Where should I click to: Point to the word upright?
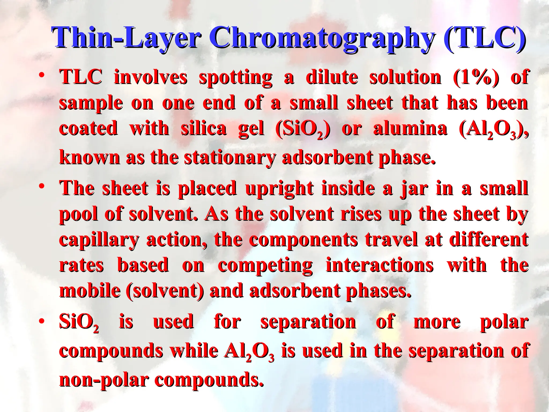click(279, 189)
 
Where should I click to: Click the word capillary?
click(99, 240)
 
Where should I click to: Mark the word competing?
click(265, 266)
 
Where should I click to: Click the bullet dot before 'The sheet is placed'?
click(41, 186)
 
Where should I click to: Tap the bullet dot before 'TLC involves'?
click(41, 75)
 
